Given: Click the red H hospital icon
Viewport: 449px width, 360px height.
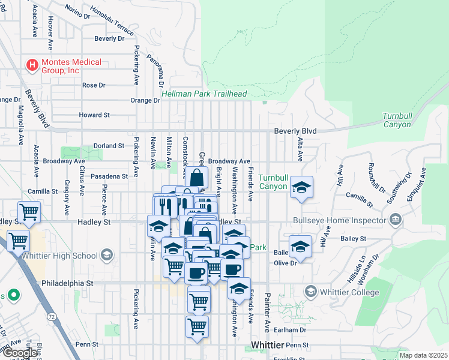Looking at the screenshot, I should [31, 63].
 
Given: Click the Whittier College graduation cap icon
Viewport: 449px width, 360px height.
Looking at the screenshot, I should [310, 292].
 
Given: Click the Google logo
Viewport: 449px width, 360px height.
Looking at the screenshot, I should [19, 353].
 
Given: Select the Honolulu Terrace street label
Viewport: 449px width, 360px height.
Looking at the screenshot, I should [112, 20].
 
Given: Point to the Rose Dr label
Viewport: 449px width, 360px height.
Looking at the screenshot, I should [94, 85].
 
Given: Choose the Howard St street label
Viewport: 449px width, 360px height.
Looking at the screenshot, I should [94, 115].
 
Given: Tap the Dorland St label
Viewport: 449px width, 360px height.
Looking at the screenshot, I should [108, 146].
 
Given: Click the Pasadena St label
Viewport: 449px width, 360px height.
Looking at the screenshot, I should [109, 176].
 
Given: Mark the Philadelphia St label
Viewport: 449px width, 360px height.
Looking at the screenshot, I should [67, 283].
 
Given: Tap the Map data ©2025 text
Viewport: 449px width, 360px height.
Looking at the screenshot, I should [423, 355].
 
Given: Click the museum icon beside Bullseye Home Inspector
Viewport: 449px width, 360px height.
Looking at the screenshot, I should [395, 218].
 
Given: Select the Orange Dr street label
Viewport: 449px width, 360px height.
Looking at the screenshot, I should [145, 100].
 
